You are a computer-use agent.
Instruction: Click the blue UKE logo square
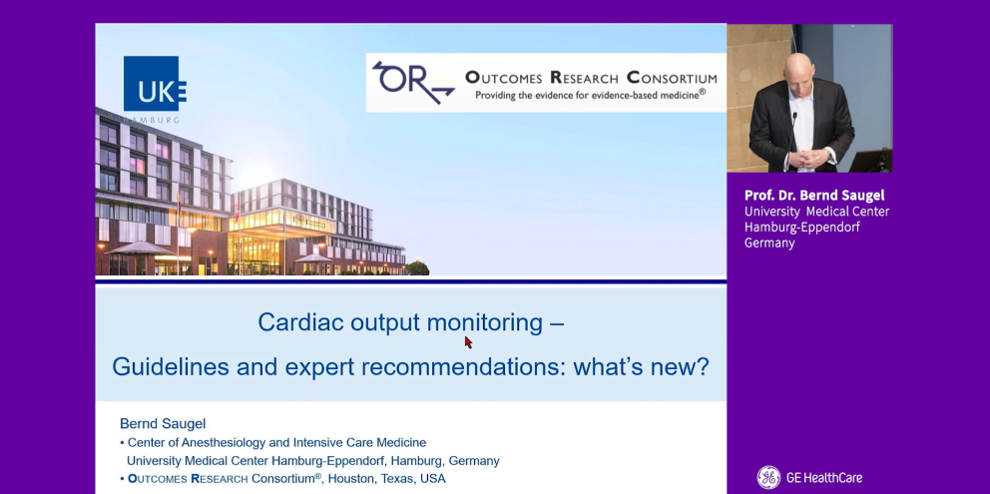[x=152, y=84]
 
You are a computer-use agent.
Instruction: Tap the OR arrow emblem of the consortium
[x=413, y=82]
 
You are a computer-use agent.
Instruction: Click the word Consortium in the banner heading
[x=672, y=78]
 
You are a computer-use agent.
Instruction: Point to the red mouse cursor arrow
[x=468, y=342]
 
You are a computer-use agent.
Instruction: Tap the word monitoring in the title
[x=485, y=322]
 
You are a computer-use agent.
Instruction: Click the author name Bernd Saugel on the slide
[x=163, y=423]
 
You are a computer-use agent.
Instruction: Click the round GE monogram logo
[x=768, y=478]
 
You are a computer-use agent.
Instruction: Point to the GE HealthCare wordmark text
[x=824, y=478]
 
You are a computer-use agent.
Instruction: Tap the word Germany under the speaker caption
[x=769, y=244]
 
